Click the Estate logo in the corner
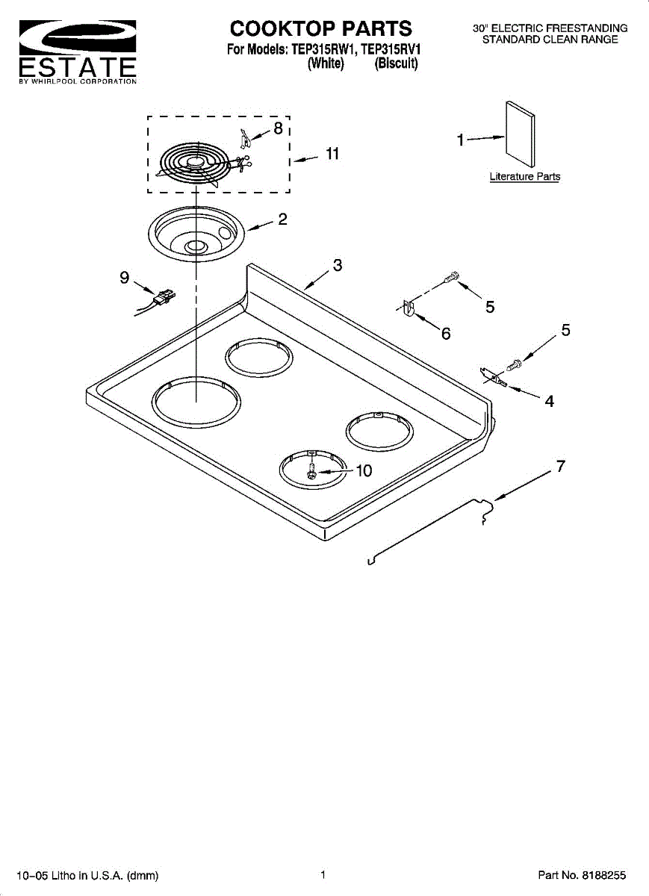point(77,52)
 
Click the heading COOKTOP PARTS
point(321,29)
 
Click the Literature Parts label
point(524,177)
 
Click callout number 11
point(332,154)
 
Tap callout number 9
point(124,277)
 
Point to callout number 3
point(338,265)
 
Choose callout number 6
point(446,334)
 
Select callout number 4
point(549,401)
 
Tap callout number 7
point(560,467)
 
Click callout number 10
point(363,471)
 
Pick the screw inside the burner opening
point(312,472)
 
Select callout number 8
point(278,128)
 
